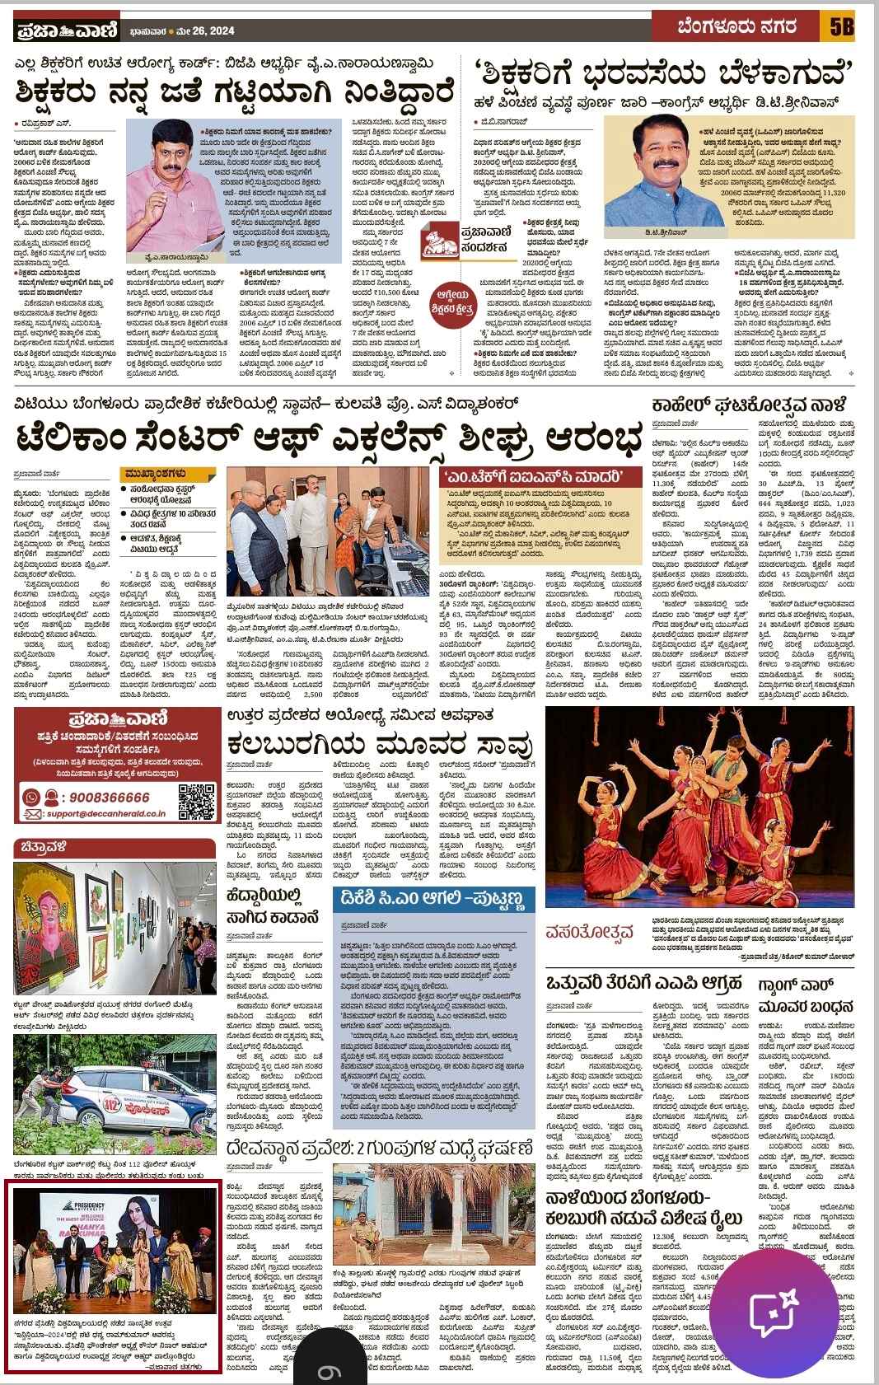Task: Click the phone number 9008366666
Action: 98,797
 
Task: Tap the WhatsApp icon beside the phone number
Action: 30,798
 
